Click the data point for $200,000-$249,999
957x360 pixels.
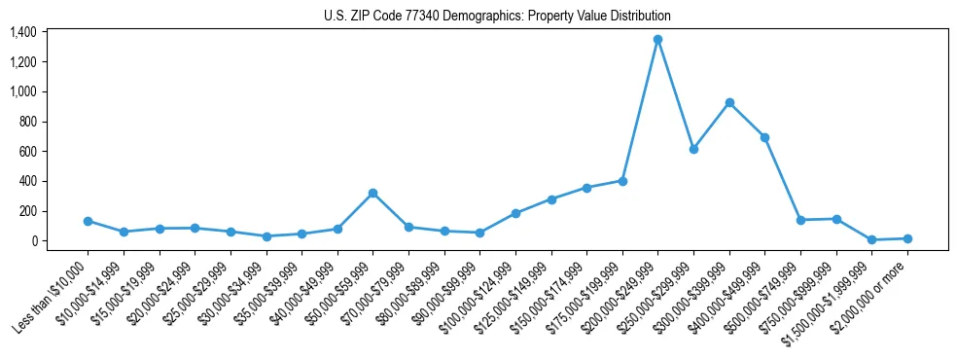pyautogui.click(x=657, y=39)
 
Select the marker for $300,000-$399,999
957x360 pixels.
pyautogui.click(x=729, y=102)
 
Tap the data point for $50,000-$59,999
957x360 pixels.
pyautogui.click(x=372, y=193)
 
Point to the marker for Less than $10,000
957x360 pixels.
pyautogui.click(x=88, y=221)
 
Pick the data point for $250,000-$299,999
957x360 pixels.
pyautogui.click(x=693, y=149)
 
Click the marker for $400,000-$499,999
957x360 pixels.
pyautogui.click(x=764, y=137)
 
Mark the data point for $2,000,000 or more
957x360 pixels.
pyautogui.click(x=907, y=238)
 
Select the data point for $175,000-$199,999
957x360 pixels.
pyautogui.click(x=622, y=181)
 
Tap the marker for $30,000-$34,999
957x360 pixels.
pyautogui.click(x=266, y=236)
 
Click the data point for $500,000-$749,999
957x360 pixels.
pyautogui.click(x=800, y=220)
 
